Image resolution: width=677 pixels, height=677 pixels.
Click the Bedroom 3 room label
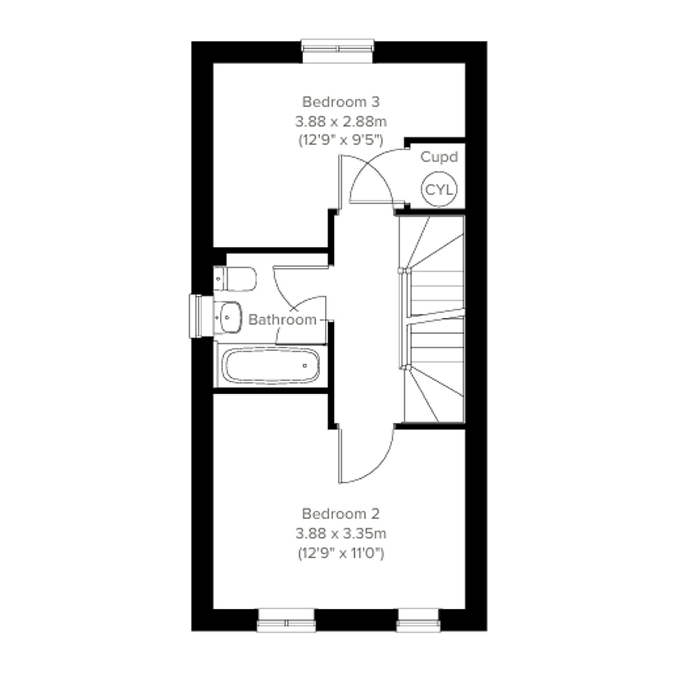[x=341, y=102]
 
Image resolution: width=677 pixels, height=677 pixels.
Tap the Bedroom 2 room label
[x=341, y=514]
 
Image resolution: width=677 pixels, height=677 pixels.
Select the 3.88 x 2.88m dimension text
[x=341, y=122]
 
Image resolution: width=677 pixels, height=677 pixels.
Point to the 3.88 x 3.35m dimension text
[x=341, y=534]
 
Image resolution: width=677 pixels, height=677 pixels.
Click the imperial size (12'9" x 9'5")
[x=341, y=141]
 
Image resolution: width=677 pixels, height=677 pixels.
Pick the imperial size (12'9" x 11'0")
[x=341, y=553]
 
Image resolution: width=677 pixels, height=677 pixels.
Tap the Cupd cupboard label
[x=439, y=157]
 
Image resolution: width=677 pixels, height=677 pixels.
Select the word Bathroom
[x=283, y=320]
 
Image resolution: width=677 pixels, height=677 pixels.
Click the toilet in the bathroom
[x=235, y=279]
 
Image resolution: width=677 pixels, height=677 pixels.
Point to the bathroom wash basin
[x=228, y=318]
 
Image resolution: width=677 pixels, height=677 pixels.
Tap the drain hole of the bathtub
[x=305, y=366]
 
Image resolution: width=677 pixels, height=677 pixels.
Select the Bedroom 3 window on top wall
[x=338, y=51]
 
